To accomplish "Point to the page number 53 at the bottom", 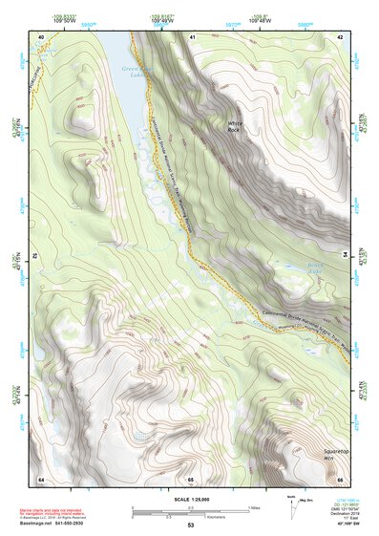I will click(191, 526).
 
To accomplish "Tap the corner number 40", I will click(41, 36).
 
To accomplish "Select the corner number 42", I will click(341, 36).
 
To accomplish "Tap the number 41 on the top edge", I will click(191, 36).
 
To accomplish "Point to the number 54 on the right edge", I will click(342, 256).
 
